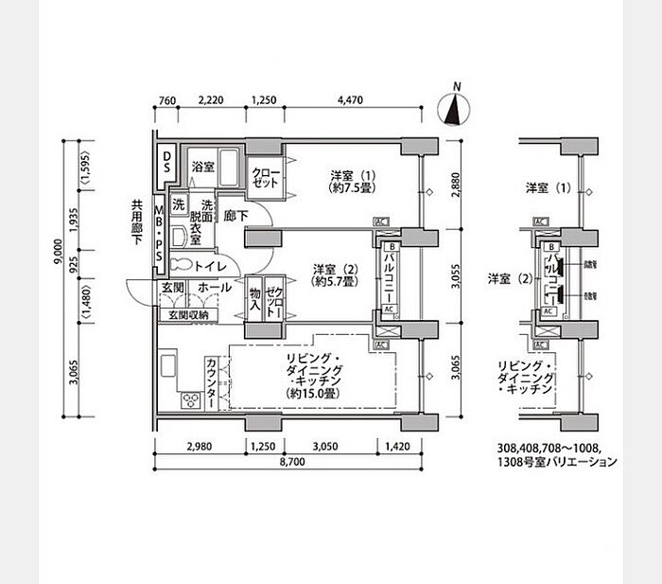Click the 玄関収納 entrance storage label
pos(188,314)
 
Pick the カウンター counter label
pos(210,380)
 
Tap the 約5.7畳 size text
pos(335,282)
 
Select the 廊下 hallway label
pos(235,216)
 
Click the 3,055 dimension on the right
pos(455,275)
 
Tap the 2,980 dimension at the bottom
pos(198,447)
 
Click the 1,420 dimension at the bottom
pos(397,447)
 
